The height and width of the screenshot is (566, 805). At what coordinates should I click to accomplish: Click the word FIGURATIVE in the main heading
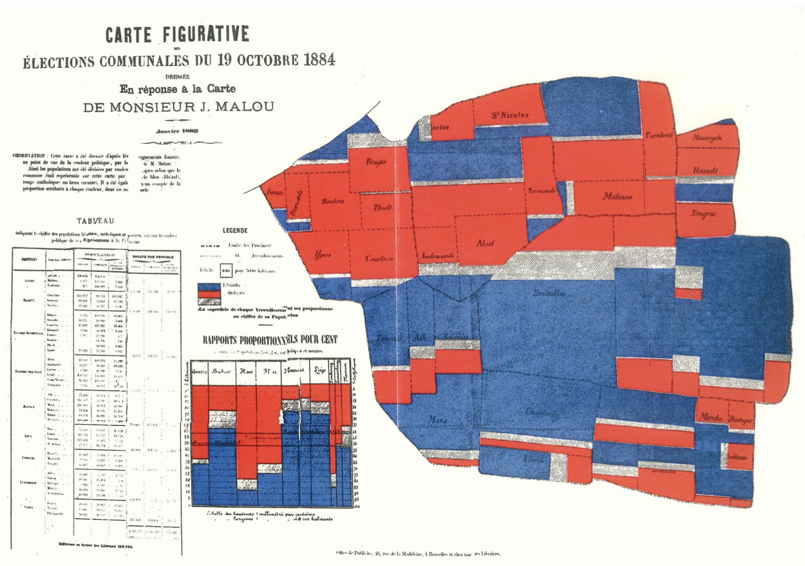coord(205,34)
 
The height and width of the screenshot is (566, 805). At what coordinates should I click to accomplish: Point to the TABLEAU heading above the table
coord(96,221)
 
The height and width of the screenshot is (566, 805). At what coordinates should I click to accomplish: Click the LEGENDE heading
coord(235,230)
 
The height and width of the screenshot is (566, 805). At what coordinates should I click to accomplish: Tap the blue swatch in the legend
coord(209,286)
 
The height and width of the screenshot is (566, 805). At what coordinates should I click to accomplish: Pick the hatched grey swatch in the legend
coord(209,301)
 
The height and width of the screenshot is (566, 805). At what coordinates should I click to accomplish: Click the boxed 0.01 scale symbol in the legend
coord(226,271)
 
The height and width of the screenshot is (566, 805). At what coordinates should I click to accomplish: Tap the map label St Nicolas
coord(510,115)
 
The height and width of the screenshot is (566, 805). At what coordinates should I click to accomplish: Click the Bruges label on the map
coord(376,161)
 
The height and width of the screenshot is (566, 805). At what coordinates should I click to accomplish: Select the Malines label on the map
coord(617,196)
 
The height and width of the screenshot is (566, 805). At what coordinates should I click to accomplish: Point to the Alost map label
coord(485,243)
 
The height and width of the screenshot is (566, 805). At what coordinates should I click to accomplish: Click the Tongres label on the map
coord(703,214)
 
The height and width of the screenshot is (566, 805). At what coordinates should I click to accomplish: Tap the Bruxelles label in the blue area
coord(549,293)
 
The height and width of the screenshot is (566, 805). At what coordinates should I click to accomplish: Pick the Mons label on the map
coord(438,420)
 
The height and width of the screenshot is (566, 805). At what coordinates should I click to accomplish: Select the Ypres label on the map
coord(322,255)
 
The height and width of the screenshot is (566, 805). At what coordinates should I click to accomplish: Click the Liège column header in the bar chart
coord(319,370)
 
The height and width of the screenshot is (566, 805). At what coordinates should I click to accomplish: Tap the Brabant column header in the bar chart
coord(222,371)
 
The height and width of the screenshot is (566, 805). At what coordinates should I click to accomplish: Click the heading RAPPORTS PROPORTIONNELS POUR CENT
coord(270,339)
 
